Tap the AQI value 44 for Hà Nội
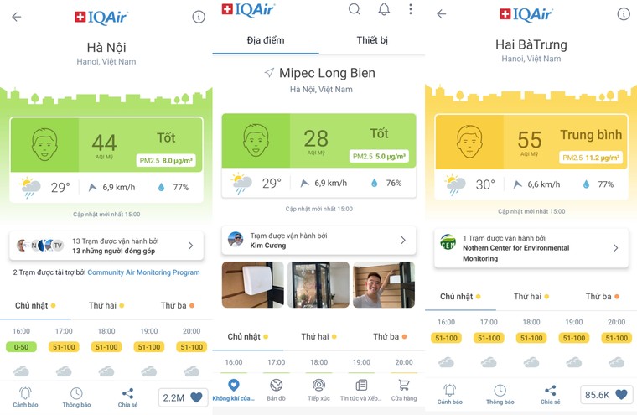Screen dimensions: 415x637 tap(104, 143)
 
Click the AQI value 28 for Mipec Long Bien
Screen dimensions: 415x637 tap(316, 139)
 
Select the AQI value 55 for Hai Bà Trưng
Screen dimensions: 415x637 tap(530, 140)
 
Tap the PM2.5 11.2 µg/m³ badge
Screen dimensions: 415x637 tap(591, 158)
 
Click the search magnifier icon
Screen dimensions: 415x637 tap(355, 9)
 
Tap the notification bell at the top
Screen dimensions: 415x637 tap(384, 9)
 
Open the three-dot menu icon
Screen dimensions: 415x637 tap(410, 9)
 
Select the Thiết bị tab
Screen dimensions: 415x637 tap(372, 40)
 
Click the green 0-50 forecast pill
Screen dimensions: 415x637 tap(22, 347)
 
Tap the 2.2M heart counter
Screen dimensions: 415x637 tap(183, 397)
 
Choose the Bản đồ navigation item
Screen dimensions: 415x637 tap(276, 389)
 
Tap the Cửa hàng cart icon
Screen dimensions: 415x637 tap(404, 389)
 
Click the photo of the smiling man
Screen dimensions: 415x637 tap(383, 284)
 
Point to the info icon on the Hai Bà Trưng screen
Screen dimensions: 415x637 tap(623, 14)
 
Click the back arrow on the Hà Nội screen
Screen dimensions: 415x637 tap(16, 17)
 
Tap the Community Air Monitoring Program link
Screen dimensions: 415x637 tap(143, 272)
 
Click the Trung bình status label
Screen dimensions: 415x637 tap(591, 135)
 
